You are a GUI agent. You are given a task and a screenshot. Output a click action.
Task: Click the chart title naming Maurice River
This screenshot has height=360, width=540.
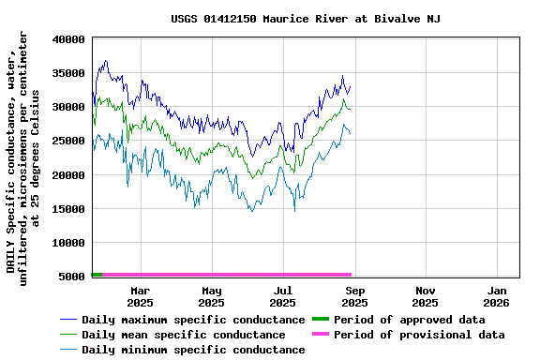point(306,19)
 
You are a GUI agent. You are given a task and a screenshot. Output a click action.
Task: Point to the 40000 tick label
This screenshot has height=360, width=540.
point(69,39)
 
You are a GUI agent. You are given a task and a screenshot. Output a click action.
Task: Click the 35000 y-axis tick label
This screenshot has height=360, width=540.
point(69,73)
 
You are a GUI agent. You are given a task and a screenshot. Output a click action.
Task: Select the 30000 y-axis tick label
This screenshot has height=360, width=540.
point(69,107)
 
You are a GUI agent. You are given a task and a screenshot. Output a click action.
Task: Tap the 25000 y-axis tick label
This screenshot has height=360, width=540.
point(69,141)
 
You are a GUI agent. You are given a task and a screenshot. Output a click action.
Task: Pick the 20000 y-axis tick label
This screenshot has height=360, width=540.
point(69,174)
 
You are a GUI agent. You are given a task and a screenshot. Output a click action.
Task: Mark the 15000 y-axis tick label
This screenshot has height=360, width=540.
point(69,208)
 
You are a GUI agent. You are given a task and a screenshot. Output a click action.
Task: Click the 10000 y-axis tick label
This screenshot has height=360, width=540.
point(69,242)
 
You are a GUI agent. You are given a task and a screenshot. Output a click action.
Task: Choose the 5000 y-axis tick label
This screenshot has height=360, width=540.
point(73,276)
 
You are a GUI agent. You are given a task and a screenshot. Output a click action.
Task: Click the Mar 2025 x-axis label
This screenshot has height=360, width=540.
point(140,296)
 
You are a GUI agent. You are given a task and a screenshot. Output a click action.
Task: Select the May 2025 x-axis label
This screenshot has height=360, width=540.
point(211,296)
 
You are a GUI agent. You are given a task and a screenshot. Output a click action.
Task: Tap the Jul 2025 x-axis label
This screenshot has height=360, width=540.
point(282,296)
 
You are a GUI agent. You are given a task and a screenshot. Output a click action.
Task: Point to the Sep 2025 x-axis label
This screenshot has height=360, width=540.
point(354,296)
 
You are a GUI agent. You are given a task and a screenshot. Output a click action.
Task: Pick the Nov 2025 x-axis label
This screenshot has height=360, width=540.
point(425,296)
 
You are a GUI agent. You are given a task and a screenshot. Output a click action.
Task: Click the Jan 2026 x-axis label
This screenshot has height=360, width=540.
point(496,296)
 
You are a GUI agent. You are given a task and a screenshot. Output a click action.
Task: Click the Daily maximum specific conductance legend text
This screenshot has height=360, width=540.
point(193,320)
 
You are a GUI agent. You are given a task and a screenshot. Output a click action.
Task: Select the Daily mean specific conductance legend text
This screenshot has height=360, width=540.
point(183,335)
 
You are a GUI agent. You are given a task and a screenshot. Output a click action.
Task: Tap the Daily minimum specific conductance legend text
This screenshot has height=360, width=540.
point(193,350)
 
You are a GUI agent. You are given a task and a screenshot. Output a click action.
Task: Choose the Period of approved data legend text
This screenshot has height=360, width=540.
point(410,320)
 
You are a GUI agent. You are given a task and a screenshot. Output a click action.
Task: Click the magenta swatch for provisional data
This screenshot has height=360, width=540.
point(321,335)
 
